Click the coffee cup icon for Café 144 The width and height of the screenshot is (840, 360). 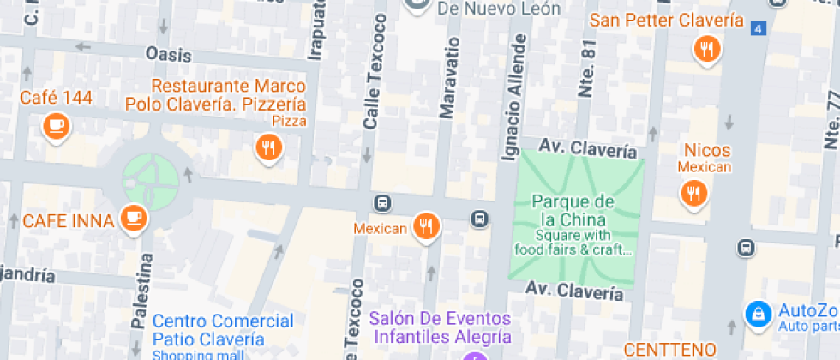coord(57,126)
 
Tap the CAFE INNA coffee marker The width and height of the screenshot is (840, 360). coord(133,217)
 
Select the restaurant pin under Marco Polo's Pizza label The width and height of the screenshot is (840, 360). coord(268,147)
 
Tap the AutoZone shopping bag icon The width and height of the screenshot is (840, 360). coord(758,315)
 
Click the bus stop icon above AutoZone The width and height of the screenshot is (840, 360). coord(747,248)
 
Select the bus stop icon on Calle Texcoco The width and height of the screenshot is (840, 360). coord(382,203)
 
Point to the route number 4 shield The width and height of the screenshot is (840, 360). coord(757,29)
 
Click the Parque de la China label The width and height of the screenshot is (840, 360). coord(573,210)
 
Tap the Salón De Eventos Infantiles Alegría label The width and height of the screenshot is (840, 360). coord(441,327)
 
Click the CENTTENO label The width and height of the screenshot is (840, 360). coord(669,349)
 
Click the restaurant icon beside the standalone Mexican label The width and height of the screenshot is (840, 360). coord(425,226)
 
